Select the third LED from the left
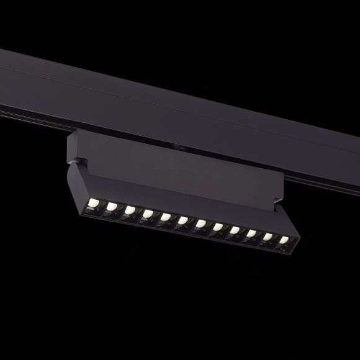coord(129,210)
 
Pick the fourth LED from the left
coord(147,214)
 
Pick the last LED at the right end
coord(284,240)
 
